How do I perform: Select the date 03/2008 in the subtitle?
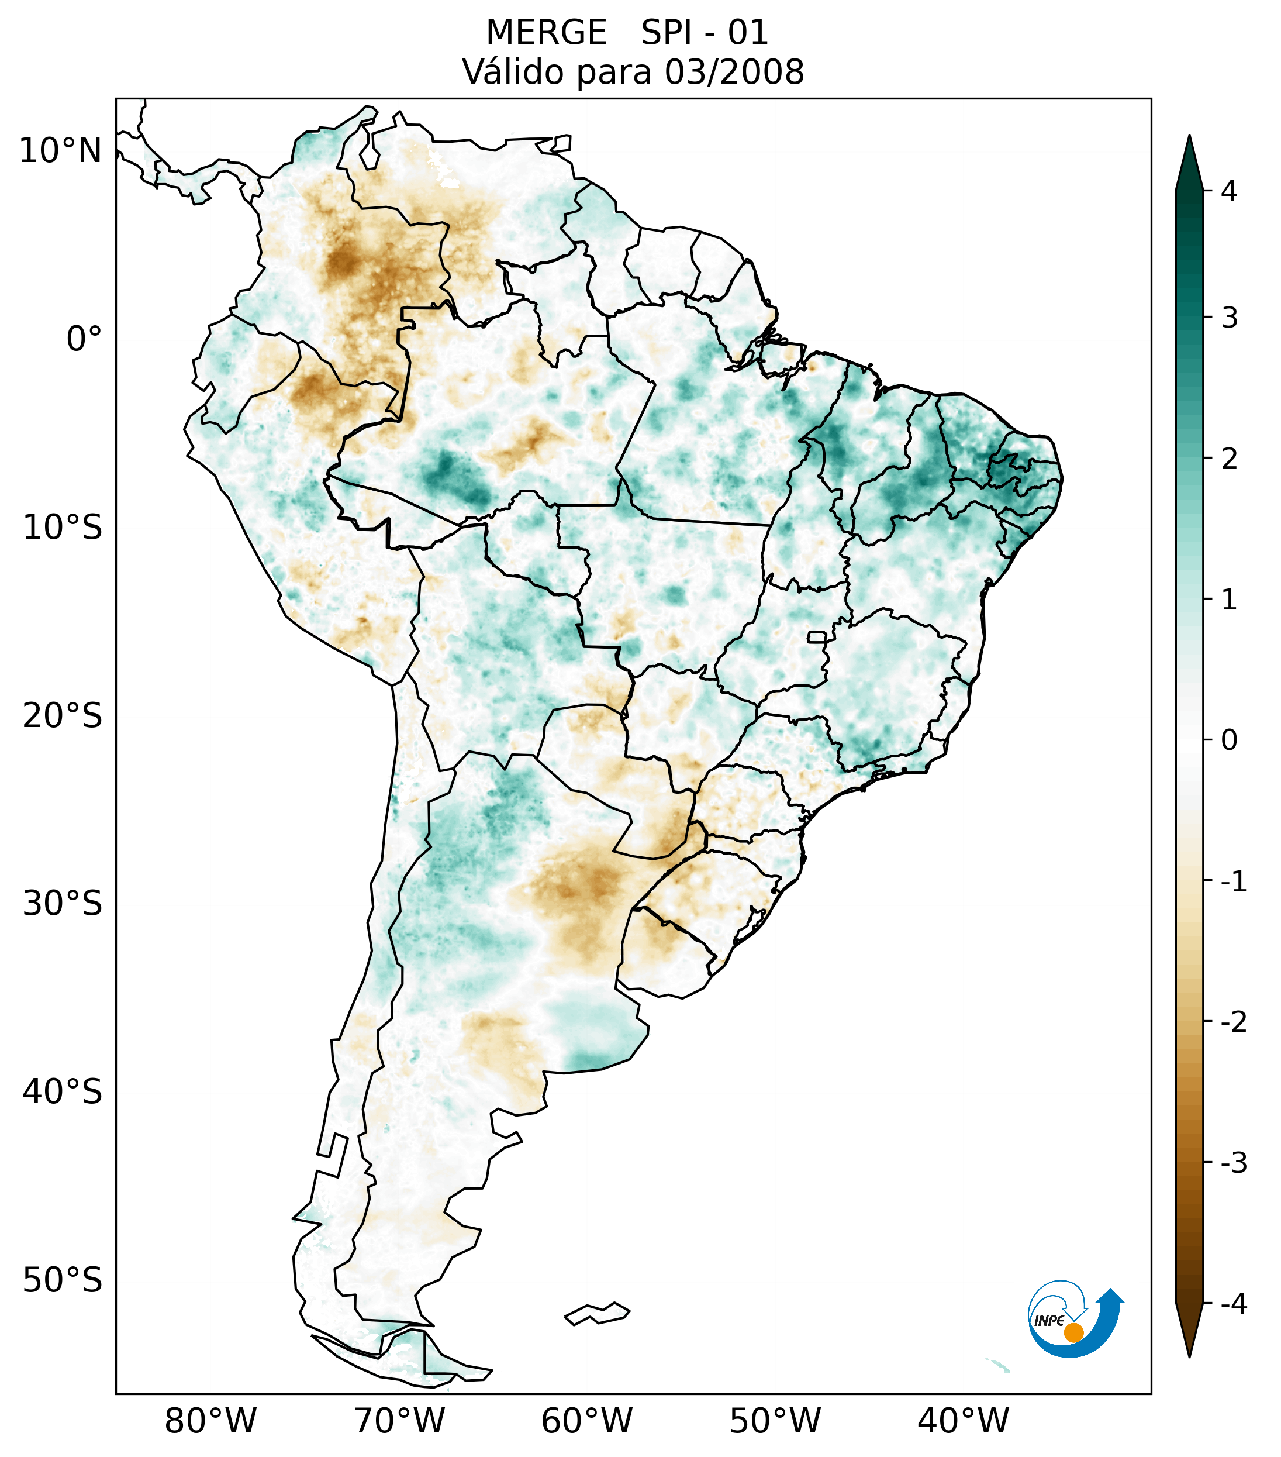tap(734, 72)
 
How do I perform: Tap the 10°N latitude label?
tap(61, 151)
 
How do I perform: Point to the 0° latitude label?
tap(84, 339)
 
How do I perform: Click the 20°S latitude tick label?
tap(63, 716)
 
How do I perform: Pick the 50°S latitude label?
tap(63, 1280)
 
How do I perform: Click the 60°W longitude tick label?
tap(586, 1421)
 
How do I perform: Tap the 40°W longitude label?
tap(962, 1421)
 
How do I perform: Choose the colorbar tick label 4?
tap(1229, 191)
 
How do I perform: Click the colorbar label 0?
tap(1229, 740)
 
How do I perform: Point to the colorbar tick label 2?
tap(1229, 459)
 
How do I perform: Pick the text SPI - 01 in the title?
tap(704, 33)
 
